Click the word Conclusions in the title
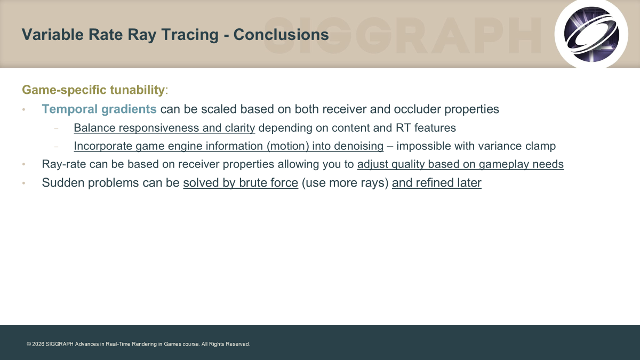point(281,35)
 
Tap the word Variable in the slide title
point(53,35)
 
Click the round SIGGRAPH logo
point(591,34)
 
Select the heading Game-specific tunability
point(93,90)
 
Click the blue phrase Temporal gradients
point(99,109)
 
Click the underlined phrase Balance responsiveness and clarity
point(164,127)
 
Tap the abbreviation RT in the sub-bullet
point(403,127)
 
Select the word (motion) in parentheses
point(288,146)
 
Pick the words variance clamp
point(517,146)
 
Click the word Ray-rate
point(63,164)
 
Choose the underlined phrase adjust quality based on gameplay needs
point(461,164)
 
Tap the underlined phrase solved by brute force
point(241,183)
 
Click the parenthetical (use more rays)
point(345,183)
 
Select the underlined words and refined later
point(437,183)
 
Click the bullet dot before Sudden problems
point(23,183)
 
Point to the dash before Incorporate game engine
point(56,147)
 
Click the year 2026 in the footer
point(38,344)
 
